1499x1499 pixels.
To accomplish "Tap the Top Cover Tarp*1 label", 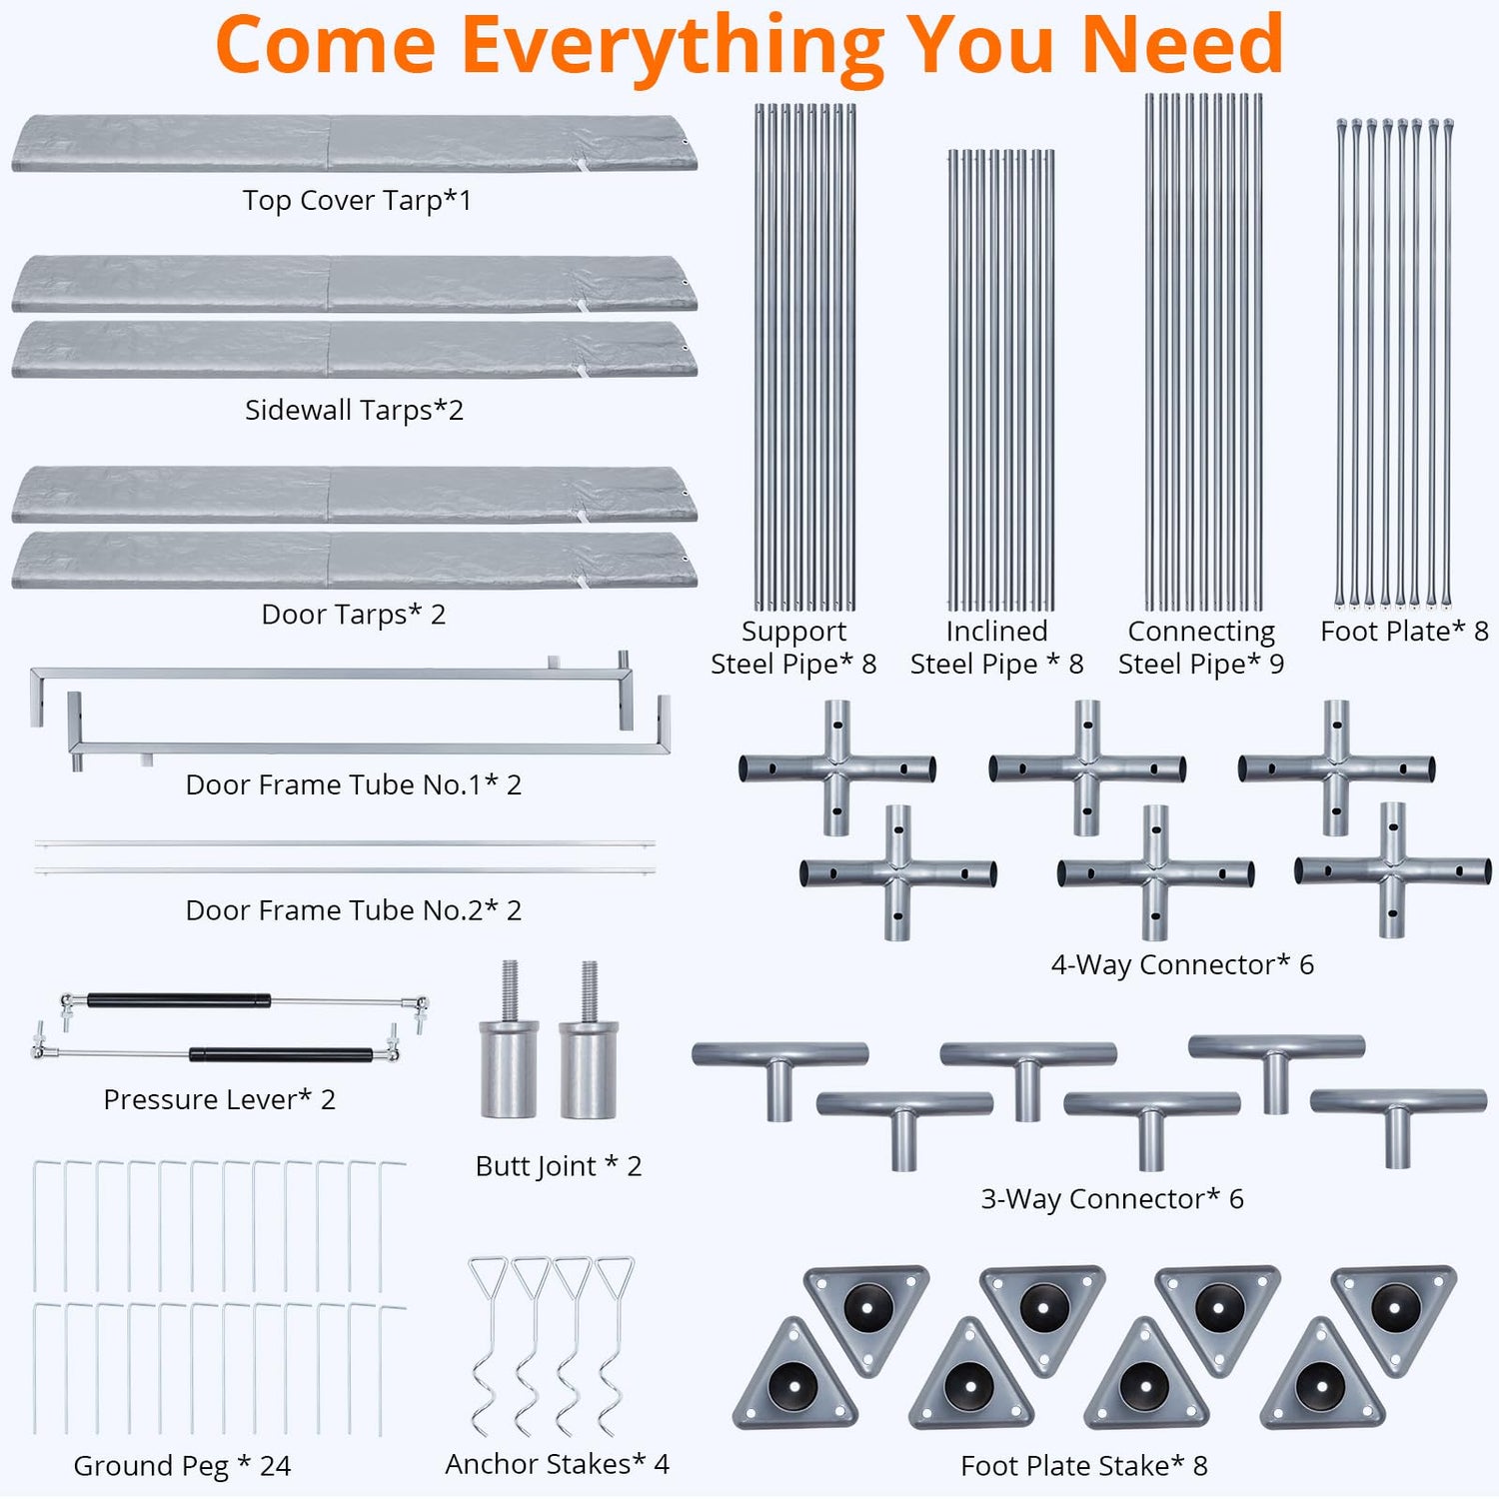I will pyautogui.click(x=357, y=201).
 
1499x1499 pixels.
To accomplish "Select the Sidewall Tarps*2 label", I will pyautogui.click(x=354, y=410).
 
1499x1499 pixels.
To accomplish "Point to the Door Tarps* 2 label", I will pyautogui.click(x=353, y=614).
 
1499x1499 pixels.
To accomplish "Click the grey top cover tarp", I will pyautogui.click(x=354, y=143).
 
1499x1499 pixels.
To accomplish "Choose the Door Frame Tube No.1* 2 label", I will pyautogui.click(x=353, y=784).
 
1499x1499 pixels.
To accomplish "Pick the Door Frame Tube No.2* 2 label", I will pyautogui.click(x=353, y=910).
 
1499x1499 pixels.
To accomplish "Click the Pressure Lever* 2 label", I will pyautogui.click(x=219, y=1099).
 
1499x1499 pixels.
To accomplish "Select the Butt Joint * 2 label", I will pyautogui.click(x=558, y=1166).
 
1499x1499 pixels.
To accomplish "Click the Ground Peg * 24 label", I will pyautogui.click(x=182, y=1466).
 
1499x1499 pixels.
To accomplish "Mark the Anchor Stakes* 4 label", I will pyautogui.click(x=557, y=1464).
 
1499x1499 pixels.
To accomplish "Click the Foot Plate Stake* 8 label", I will pyautogui.click(x=1083, y=1466).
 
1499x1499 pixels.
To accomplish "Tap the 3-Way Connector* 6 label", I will pyautogui.click(x=1111, y=1199).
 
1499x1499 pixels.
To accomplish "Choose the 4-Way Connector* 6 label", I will pyautogui.click(x=1181, y=964).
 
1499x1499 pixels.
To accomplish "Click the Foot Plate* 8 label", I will pyautogui.click(x=1404, y=632).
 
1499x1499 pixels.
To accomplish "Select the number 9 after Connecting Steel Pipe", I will pyautogui.click(x=1276, y=665).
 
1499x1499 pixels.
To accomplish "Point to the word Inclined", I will pyautogui.click(x=996, y=632).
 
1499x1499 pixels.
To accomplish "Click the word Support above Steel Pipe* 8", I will pyautogui.click(x=793, y=632).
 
